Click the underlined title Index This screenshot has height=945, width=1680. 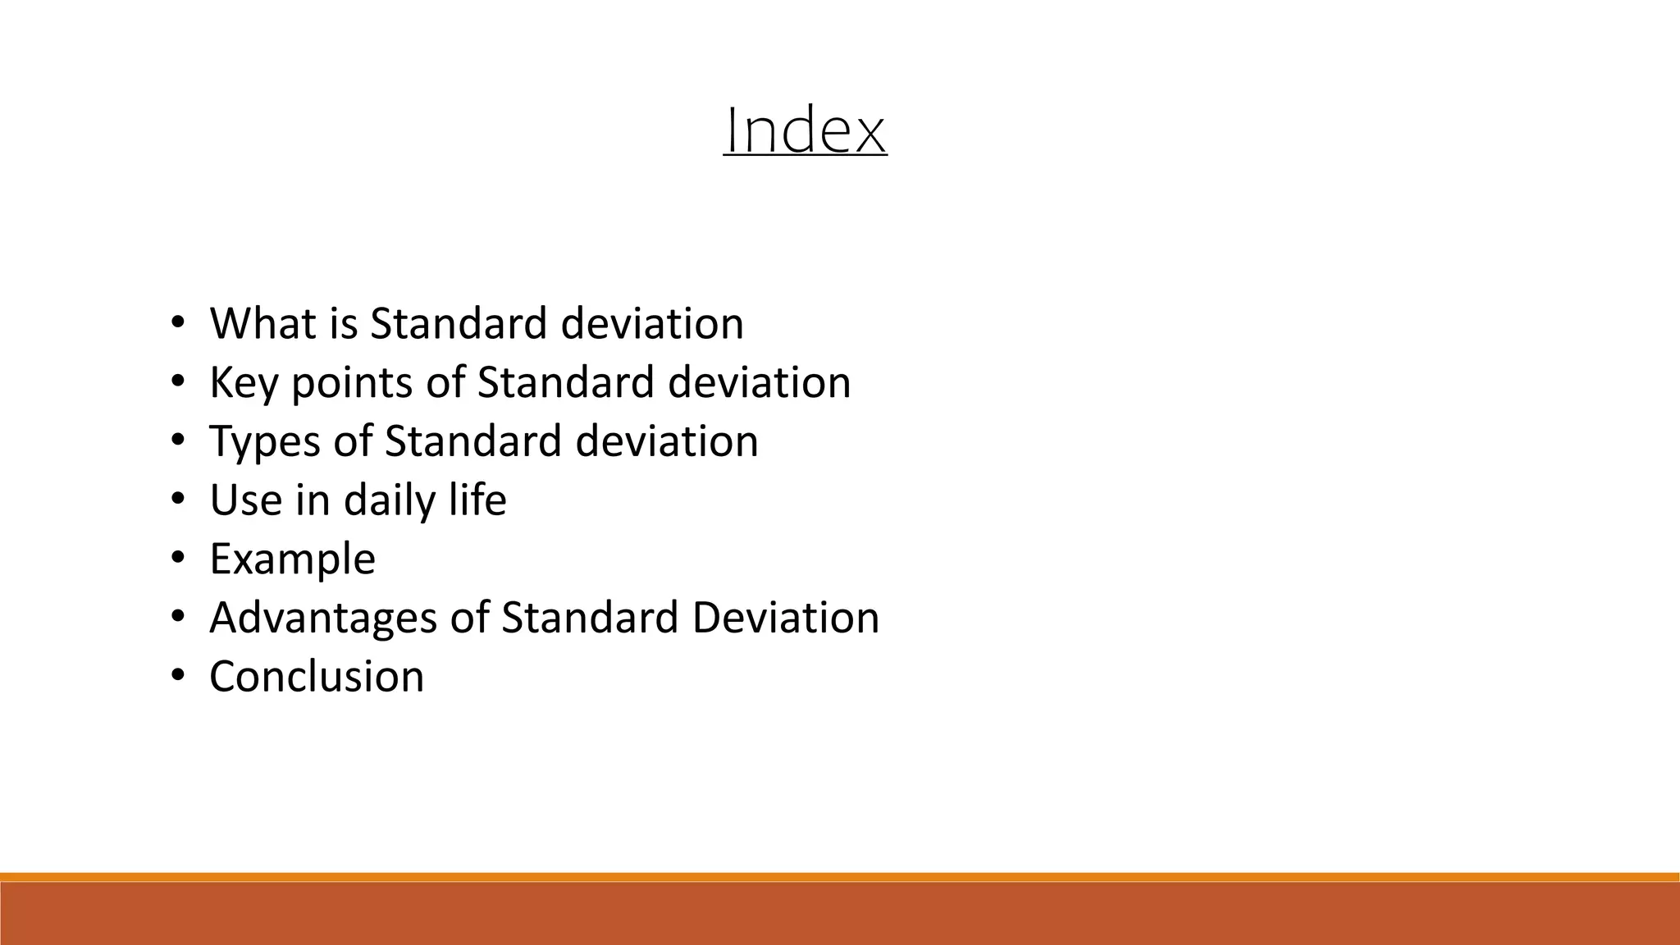pos(805,130)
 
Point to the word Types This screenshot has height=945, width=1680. pos(264,442)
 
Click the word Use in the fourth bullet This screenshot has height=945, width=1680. pos(245,500)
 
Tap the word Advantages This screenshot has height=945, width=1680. pos(322,619)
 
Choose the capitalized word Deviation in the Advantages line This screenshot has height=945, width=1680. pos(785,617)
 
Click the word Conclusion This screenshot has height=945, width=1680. pos(317,677)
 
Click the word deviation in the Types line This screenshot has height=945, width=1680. pos(666,441)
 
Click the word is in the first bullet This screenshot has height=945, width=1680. pos(344,323)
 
